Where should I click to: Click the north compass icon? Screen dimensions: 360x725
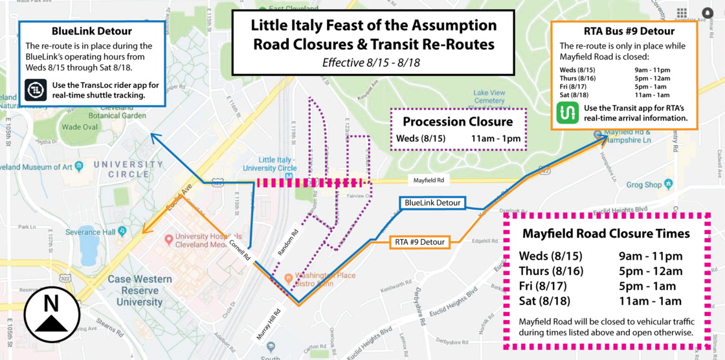51,314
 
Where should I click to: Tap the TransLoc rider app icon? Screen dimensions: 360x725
34,90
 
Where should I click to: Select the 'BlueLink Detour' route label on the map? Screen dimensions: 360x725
432,203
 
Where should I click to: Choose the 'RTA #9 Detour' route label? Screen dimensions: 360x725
420,243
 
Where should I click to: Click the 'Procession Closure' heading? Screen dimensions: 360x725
458,122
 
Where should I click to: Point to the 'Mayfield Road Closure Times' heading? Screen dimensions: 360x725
606,234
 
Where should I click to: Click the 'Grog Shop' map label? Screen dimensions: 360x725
643,185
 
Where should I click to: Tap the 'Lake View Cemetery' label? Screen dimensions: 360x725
489,97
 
